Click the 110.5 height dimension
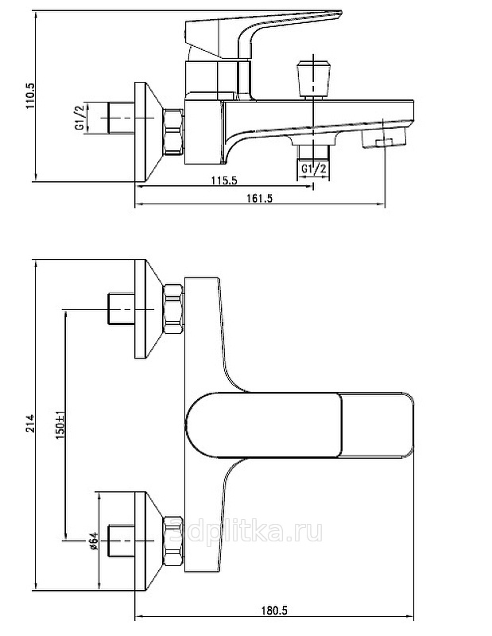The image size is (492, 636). coord(31,95)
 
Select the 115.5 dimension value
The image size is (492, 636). coord(223,180)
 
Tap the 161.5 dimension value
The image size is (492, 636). coord(260,198)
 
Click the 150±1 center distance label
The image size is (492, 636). coord(60,425)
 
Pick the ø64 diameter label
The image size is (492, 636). coord(93,540)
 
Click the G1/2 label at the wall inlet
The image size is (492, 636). coord(79,118)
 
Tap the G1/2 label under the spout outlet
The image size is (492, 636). coord(313,169)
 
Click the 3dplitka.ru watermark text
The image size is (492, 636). coord(246,530)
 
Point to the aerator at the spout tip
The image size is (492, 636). coord(385,138)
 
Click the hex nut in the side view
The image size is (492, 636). coord(172,132)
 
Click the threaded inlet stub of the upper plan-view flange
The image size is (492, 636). coord(122,309)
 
